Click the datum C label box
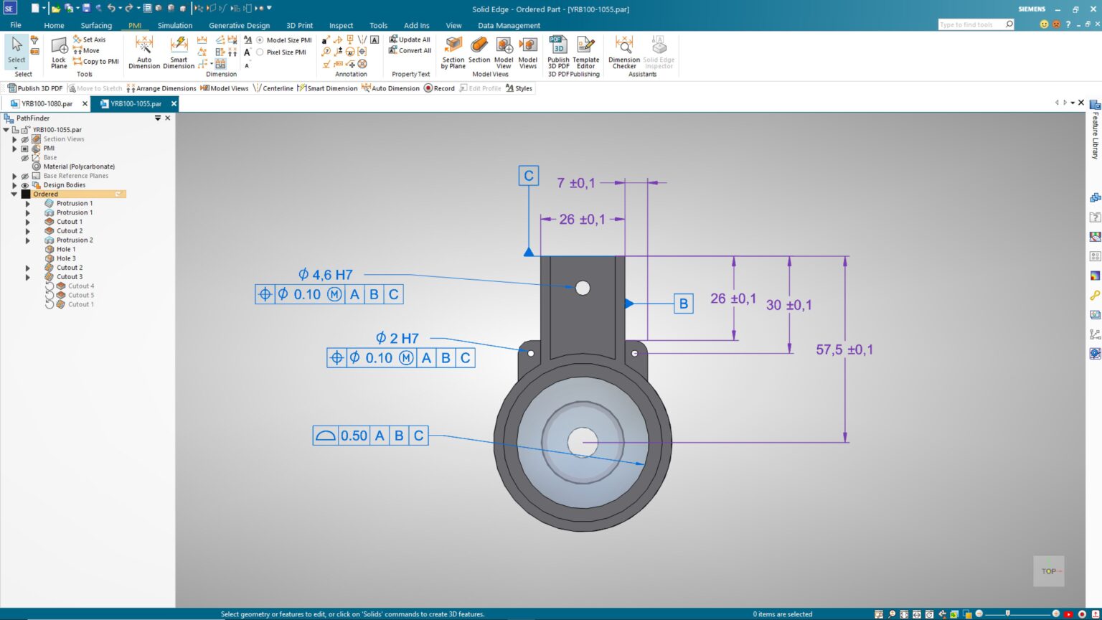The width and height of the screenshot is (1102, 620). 529,176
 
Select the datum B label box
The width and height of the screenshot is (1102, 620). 683,304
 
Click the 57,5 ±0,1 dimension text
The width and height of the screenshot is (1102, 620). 844,350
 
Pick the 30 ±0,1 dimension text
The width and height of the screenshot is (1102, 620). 788,305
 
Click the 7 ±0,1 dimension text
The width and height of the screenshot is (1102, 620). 575,183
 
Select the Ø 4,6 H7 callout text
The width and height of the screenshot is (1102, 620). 325,275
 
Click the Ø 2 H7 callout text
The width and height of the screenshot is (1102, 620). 397,338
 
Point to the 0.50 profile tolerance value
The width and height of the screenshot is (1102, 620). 354,436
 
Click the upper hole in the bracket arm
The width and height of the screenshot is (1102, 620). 583,288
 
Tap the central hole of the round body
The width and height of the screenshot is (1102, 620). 582,442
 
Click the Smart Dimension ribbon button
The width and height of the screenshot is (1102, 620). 179,52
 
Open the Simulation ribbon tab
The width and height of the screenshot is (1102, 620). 174,25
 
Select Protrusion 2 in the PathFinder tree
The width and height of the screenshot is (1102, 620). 75,240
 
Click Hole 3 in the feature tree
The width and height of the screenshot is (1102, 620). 66,258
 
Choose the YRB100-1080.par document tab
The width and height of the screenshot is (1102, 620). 47,104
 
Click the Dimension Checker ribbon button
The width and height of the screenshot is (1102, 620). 623,52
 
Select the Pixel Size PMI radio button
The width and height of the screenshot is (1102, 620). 260,52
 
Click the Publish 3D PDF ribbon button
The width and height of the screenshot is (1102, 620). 558,52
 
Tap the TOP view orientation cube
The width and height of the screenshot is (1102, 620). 1048,571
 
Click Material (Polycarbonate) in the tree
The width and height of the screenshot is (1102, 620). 78,166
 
